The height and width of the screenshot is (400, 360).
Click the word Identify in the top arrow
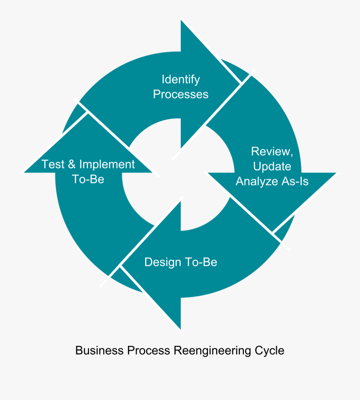click(x=180, y=80)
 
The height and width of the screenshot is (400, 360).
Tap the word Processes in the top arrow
click(x=180, y=94)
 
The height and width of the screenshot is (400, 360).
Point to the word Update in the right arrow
click(x=272, y=166)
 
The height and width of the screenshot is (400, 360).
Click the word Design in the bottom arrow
click(x=162, y=262)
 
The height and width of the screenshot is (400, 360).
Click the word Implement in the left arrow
click(x=107, y=164)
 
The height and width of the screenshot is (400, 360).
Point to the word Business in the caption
click(x=100, y=351)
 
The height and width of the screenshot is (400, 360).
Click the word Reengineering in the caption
click(x=212, y=351)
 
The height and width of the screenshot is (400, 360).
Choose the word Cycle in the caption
click(x=270, y=351)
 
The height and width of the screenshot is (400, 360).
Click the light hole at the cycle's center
click(x=178, y=176)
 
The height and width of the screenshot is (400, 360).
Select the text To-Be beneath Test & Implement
click(x=88, y=179)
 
